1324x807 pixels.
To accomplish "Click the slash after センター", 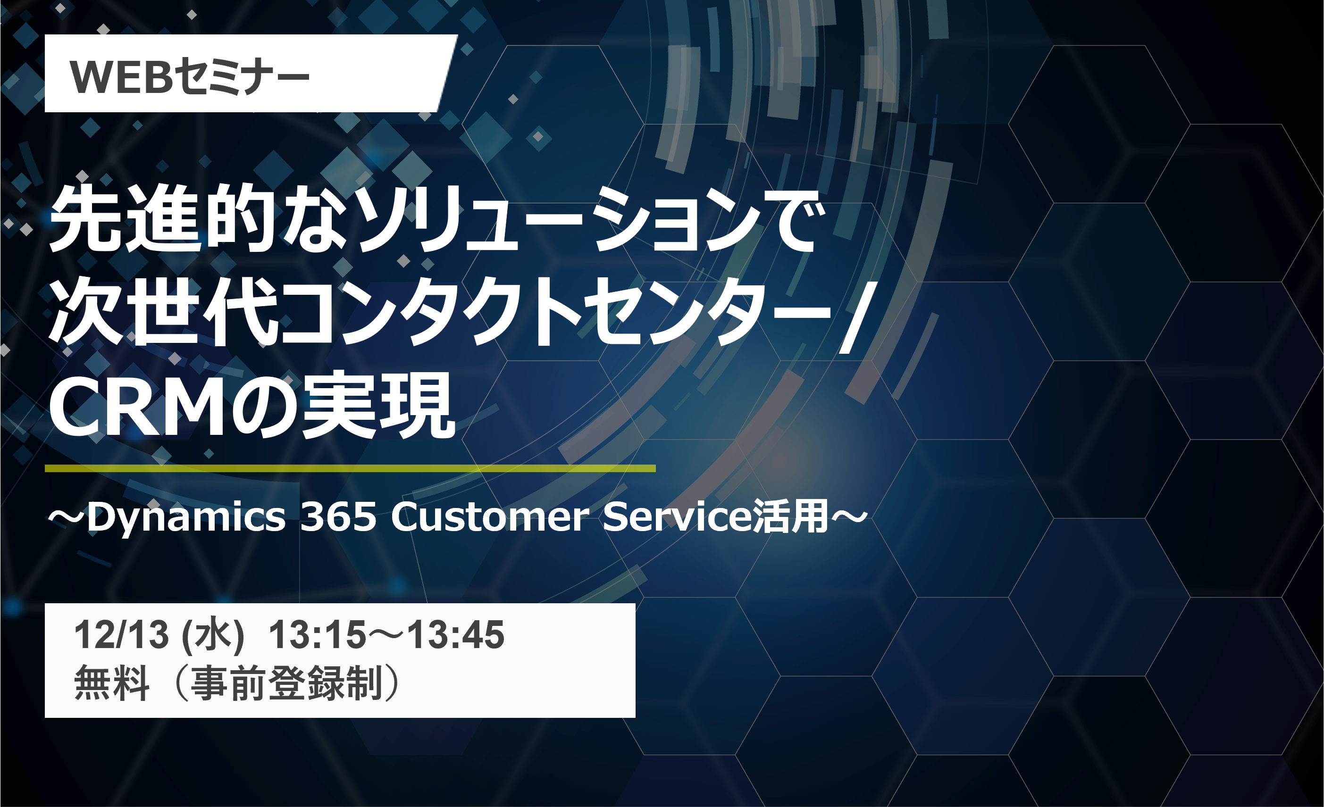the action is click(855, 317).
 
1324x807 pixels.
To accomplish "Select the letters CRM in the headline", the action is click(137, 405).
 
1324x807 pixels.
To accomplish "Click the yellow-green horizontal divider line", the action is click(350, 468).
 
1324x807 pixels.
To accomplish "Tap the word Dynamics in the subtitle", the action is click(186, 517).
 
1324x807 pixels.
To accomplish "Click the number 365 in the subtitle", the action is click(338, 517).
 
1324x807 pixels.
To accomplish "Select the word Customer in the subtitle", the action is click(490, 517).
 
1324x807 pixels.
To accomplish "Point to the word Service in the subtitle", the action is click(677, 517).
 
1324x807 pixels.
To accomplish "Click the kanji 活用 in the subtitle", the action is click(790, 517).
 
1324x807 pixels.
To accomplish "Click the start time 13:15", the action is click(318, 634).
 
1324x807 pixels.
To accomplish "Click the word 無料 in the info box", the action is click(112, 683).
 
